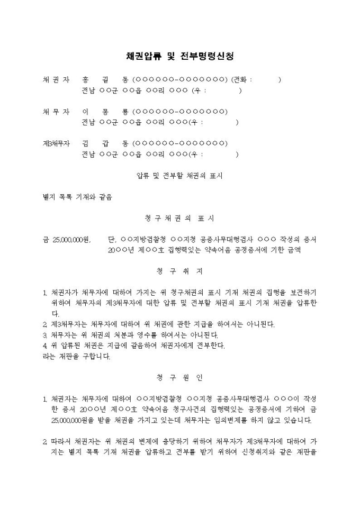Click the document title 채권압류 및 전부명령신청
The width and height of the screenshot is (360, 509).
[x=180, y=56]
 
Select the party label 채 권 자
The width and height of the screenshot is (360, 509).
[x=56, y=80]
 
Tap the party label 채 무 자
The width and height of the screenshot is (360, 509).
[x=56, y=112]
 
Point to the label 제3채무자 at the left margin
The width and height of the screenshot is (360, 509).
[x=56, y=143]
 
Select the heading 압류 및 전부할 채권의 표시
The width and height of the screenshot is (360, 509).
[x=179, y=176]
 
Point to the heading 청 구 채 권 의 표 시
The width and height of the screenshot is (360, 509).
[x=179, y=218]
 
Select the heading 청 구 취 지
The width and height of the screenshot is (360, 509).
[x=179, y=271]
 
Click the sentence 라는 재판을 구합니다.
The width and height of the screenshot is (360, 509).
[x=76, y=356]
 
